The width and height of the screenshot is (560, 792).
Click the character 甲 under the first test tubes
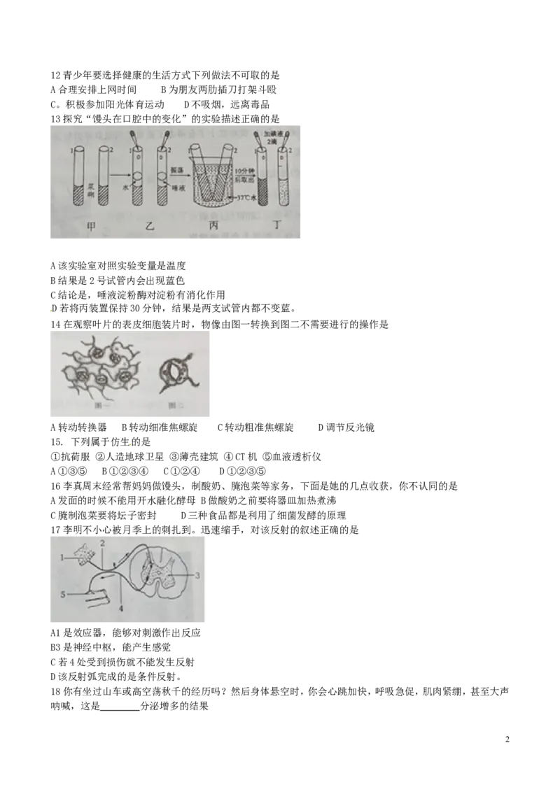[x=91, y=226]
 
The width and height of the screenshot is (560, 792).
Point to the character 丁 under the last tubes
[x=272, y=226]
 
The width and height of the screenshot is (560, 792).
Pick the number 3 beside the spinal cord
[x=197, y=575]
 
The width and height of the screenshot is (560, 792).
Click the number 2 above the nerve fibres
[x=102, y=543]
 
